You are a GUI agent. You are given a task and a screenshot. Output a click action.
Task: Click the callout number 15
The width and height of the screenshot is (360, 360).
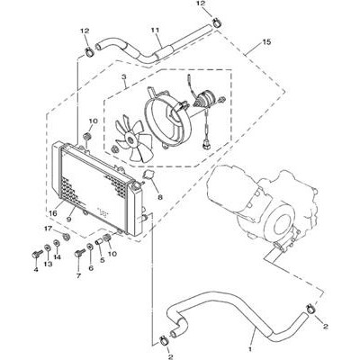pyautogui.click(x=266, y=42)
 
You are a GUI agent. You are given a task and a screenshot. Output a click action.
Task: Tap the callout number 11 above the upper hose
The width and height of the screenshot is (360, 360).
pyautogui.click(x=155, y=31)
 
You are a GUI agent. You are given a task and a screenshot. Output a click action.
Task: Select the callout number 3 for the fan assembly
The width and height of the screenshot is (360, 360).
pyautogui.click(x=124, y=76)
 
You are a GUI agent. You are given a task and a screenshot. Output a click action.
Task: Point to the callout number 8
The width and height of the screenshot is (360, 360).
pyautogui.click(x=160, y=197)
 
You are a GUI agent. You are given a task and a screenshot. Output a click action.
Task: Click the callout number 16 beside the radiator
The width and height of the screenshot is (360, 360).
pyautogui.click(x=53, y=213)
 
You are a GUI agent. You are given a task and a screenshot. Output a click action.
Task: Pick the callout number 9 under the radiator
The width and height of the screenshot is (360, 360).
pyautogui.click(x=68, y=220)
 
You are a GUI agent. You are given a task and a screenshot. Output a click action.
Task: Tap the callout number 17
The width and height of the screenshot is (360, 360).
pyautogui.click(x=48, y=229)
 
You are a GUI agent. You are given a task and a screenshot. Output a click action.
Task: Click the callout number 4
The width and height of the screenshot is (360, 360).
pyautogui.click(x=36, y=270)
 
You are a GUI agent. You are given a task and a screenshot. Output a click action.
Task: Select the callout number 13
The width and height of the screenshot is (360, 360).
pyautogui.click(x=48, y=264)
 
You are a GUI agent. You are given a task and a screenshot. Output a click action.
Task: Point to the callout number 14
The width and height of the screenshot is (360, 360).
pyautogui.click(x=58, y=257)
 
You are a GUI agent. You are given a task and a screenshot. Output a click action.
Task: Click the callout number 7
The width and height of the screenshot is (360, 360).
pyautogui.click(x=78, y=275)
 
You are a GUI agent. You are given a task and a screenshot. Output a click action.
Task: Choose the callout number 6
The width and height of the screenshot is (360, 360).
pyautogui.click(x=91, y=268)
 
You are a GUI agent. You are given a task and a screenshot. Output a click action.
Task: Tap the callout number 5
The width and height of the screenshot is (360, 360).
pyautogui.click(x=103, y=260)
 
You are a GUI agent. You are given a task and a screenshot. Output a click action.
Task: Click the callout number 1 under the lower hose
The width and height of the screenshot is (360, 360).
pyautogui.click(x=251, y=349)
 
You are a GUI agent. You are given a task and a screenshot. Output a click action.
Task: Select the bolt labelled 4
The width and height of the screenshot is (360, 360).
pyautogui.click(x=35, y=256)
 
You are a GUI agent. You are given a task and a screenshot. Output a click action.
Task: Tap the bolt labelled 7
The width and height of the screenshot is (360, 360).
pyautogui.click(x=79, y=253)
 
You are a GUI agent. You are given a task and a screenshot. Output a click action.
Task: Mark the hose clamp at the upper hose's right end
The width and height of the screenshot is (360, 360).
pyautogui.click(x=217, y=22)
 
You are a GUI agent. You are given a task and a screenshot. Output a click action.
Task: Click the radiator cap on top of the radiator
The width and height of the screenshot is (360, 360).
pyautogui.click(x=138, y=185)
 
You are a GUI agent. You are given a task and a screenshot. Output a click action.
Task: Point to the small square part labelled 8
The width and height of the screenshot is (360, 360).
pyautogui.click(x=148, y=174)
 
